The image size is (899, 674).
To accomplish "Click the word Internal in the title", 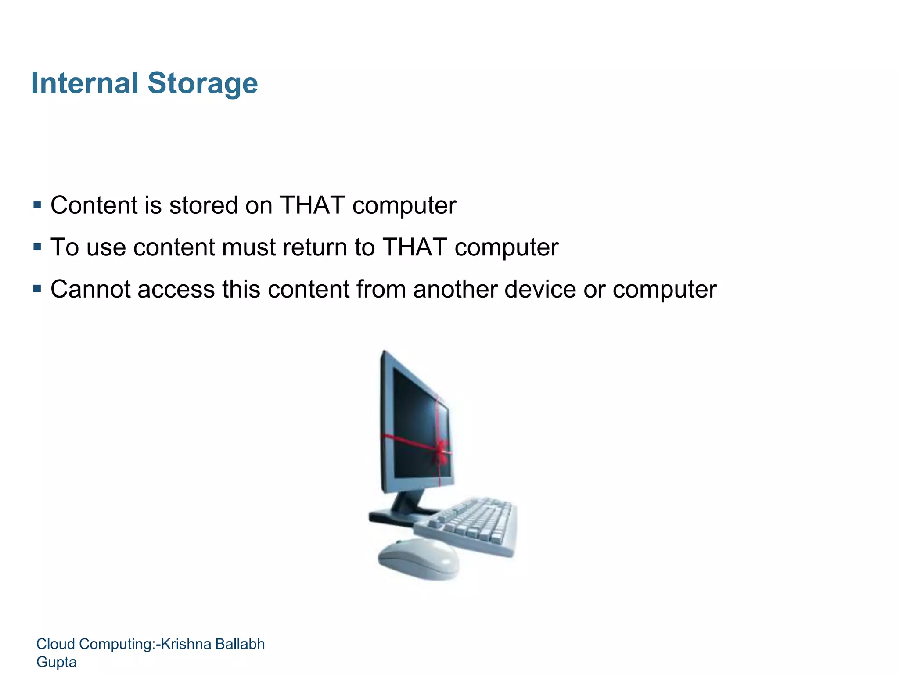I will click(x=85, y=83).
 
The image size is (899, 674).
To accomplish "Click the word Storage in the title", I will click(x=202, y=83).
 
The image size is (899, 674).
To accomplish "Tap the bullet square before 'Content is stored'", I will click(x=37, y=204).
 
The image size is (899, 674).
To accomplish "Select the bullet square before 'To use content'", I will click(x=37, y=247).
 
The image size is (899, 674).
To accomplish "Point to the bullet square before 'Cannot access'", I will click(x=37, y=289).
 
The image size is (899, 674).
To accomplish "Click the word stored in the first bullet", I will click(x=203, y=205).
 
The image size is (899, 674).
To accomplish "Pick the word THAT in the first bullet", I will click(x=312, y=205).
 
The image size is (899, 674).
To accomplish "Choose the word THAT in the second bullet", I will click(x=414, y=247).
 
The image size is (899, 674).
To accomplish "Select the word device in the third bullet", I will click(x=539, y=289).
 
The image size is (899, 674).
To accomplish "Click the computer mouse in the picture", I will click(x=418, y=559).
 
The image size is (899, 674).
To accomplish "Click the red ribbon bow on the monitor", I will click(x=441, y=452).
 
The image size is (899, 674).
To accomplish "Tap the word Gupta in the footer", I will click(x=56, y=662).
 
